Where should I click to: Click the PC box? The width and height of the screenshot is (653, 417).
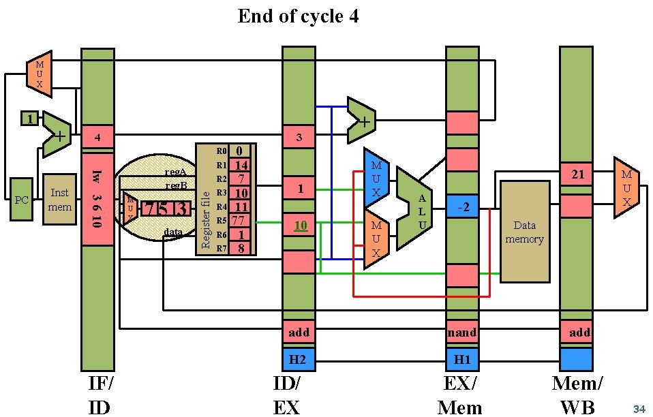coord(21,199)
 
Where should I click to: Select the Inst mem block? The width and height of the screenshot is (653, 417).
coord(59,199)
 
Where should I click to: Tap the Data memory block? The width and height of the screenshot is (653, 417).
coord(524,232)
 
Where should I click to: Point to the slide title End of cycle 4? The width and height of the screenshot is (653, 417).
coord(298,16)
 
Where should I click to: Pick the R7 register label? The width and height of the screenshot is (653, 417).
coord(220,249)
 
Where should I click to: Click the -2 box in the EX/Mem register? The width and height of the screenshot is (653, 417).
coord(462,205)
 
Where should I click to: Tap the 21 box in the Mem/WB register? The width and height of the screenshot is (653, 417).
coord(576,174)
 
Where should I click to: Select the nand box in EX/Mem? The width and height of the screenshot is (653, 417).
coord(462,333)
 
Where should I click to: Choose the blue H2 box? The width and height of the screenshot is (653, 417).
coord(299,359)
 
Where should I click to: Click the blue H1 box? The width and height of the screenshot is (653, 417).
coord(462,359)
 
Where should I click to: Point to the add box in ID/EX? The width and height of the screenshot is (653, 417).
coord(299,333)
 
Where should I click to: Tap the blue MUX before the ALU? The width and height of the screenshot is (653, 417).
coord(376,178)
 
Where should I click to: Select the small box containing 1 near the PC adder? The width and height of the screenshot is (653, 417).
coord(29,119)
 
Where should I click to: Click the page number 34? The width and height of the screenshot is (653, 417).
coord(639,409)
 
